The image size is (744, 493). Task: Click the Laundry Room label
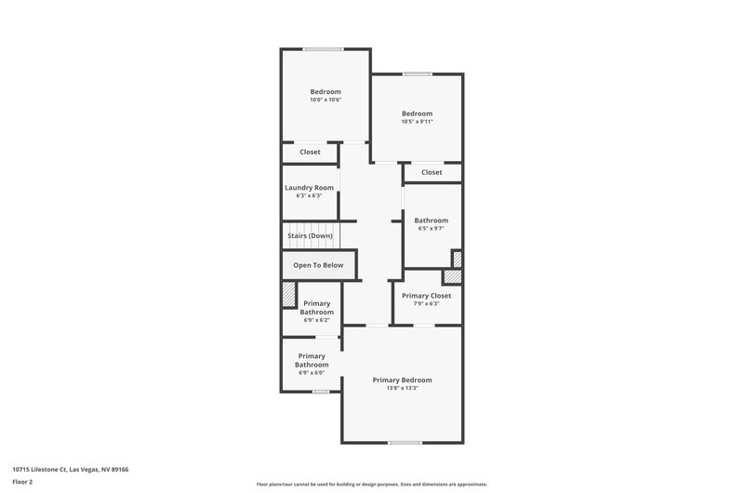point(309,187)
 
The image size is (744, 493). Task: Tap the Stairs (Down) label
point(310,236)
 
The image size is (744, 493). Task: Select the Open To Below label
point(318,265)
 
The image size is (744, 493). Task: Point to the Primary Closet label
point(426,296)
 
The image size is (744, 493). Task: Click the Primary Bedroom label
point(402,380)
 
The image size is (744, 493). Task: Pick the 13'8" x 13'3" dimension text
point(402,388)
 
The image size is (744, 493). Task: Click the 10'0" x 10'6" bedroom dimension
point(325,100)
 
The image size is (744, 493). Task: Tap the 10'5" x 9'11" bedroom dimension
point(417,122)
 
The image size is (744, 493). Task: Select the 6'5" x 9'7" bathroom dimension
point(431,228)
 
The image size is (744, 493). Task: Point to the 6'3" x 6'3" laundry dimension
point(309,195)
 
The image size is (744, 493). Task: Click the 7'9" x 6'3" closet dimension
point(426,303)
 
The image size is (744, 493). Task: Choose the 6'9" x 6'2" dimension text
point(316,320)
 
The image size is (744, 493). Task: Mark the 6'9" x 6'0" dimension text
point(312,373)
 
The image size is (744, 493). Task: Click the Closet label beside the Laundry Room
point(310,152)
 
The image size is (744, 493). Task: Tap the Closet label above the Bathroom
point(432,172)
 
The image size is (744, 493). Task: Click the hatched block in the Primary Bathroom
point(288,295)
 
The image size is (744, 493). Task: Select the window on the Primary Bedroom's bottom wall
point(405,443)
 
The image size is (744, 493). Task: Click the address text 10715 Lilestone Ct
point(39,470)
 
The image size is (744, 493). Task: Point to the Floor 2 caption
point(22,482)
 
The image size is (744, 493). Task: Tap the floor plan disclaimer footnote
point(371,485)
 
